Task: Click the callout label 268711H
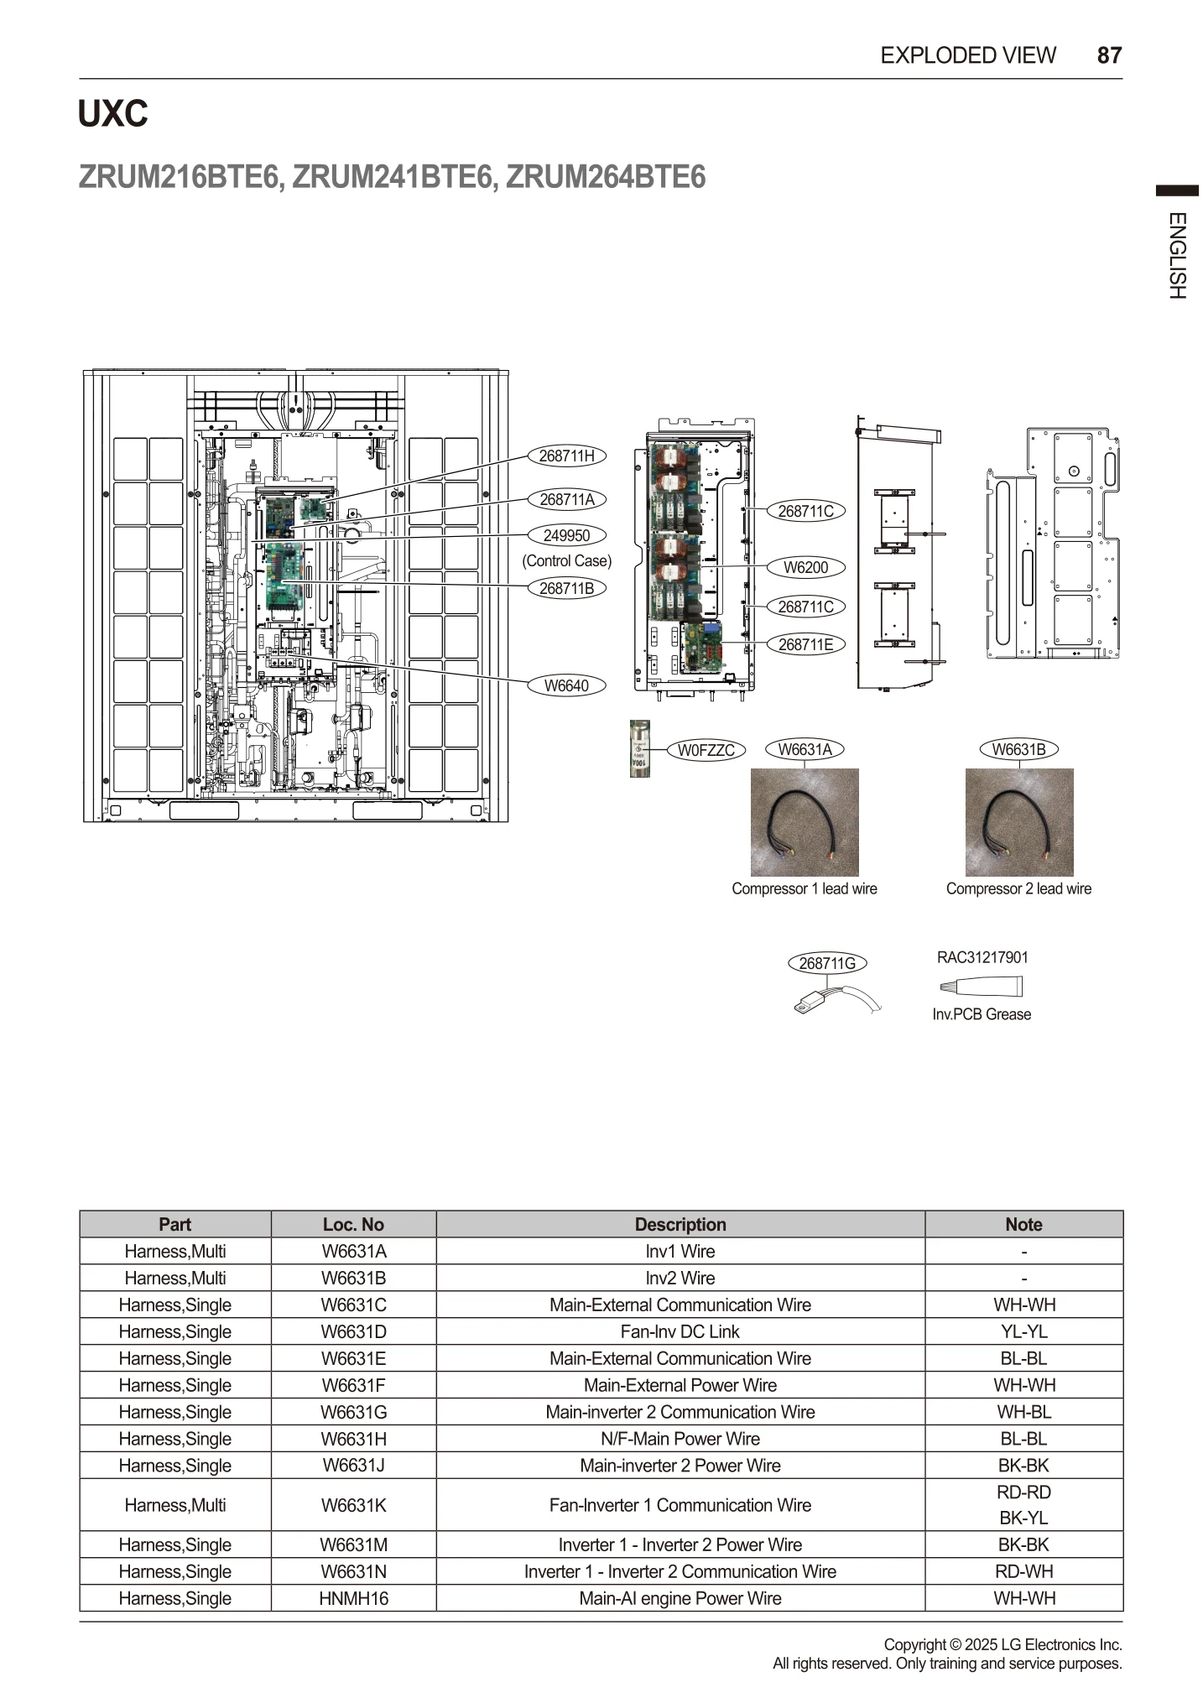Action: [566, 456]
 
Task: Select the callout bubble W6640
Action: [566, 685]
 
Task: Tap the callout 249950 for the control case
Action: [566, 535]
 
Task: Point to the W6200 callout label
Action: [805, 567]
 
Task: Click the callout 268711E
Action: [805, 644]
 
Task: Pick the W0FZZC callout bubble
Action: [706, 750]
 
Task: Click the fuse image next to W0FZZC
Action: [639, 748]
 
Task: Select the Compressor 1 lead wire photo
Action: [805, 822]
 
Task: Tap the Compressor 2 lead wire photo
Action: [1019, 822]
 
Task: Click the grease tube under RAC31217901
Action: [982, 986]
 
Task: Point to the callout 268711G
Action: [827, 963]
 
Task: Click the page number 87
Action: [1109, 55]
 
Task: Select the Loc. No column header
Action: [353, 1224]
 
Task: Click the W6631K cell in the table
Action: [353, 1505]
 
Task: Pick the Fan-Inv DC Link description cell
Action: [680, 1331]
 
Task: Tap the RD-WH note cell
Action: [1023, 1571]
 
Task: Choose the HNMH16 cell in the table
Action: [353, 1598]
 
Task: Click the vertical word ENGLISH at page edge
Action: [1177, 256]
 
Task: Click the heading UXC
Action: [112, 113]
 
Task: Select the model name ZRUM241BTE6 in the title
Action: [393, 177]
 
